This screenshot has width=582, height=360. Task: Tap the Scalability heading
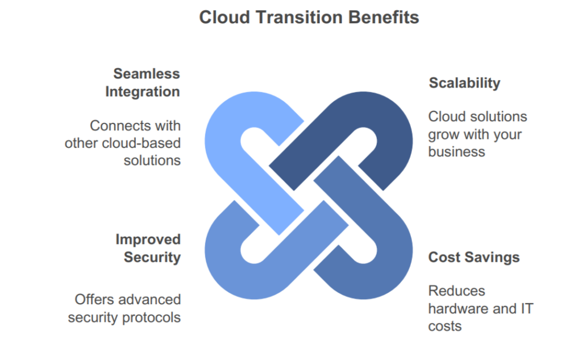[x=464, y=83]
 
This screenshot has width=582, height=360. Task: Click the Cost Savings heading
[x=474, y=257]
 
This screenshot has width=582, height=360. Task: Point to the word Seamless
[x=147, y=73]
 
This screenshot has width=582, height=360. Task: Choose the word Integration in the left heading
[x=143, y=92]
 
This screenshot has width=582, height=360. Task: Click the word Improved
[x=148, y=239]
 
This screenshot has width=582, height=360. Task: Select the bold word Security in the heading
[x=152, y=257]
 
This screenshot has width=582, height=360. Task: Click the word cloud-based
[x=141, y=143]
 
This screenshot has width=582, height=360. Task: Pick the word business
[x=456, y=152]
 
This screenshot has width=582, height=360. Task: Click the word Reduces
[x=456, y=291]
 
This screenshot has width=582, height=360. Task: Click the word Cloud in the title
[x=225, y=18]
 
